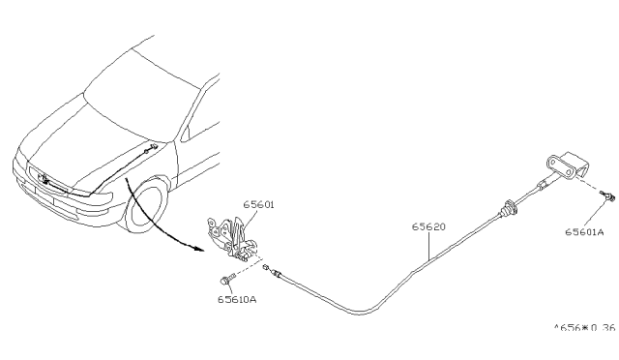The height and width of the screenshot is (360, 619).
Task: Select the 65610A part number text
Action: coord(237,298)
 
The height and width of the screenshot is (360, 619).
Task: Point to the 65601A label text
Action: coord(584,233)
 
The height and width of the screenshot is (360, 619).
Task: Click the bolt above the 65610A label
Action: coord(226,281)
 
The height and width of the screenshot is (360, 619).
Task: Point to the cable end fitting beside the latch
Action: coord(278,275)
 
